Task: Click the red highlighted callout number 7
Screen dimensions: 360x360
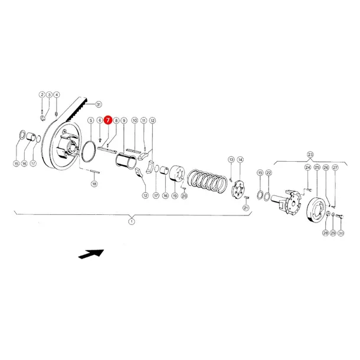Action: (x=108, y=120)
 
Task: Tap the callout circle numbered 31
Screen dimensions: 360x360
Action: (x=99, y=104)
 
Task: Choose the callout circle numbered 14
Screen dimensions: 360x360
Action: (x=240, y=159)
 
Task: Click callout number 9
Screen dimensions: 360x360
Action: (x=125, y=120)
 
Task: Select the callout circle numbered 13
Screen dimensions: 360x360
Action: (x=231, y=159)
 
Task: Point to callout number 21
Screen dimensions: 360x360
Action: (x=246, y=207)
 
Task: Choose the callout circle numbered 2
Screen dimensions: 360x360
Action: (x=42, y=95)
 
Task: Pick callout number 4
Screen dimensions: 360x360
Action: (x=57, y=95)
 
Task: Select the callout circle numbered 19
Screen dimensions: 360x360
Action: (x=175, y=196)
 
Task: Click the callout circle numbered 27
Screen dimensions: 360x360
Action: (x=335, y=168)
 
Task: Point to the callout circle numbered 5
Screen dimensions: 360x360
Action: (x=91, y=120)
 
